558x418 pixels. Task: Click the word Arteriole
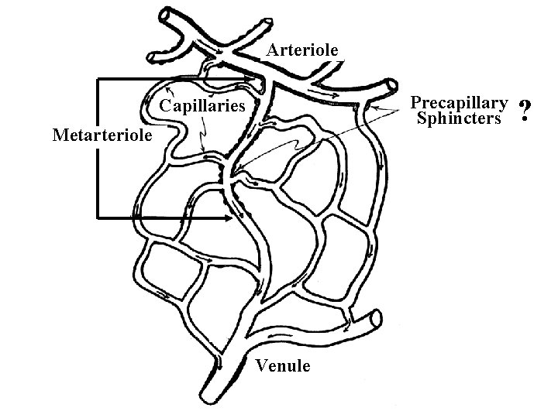coord(303,50)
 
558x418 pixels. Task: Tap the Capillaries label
coord(202,105)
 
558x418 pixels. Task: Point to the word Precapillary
coord(459,103)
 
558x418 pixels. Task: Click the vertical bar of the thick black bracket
coord(98,148)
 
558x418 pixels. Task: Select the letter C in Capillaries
coord(165,105)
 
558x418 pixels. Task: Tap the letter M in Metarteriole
coord(58,135)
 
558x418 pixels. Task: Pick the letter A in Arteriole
coord(273,50)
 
